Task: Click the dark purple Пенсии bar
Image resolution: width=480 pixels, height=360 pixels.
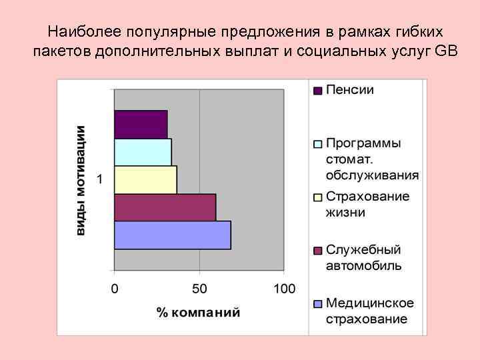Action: coord(141,125)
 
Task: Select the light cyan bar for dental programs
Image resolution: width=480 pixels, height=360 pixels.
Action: coord(143,152)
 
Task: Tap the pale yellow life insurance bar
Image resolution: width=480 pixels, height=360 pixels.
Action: coord(145,180)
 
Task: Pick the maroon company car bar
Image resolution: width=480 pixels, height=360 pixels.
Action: coord(165,207)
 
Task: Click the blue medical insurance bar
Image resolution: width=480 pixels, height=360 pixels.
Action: coord(172,235)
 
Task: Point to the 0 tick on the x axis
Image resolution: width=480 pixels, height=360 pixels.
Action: coord(115,289)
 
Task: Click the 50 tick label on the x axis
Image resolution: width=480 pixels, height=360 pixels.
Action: coord(199,289)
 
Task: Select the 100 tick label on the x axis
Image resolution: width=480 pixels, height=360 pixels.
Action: coord(283,289)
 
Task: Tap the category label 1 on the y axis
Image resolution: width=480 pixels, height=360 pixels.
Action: coord(100,179)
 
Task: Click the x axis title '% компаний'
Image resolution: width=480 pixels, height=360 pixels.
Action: coord(199,312)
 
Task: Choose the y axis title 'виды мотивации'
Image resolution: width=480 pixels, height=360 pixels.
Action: coord(81,180)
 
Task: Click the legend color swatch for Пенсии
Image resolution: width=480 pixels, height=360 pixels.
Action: coord(318,90)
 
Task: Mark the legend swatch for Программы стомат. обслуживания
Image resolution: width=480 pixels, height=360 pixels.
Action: coord(318,144)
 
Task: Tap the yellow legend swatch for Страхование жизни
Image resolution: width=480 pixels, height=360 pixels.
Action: coord(318,197)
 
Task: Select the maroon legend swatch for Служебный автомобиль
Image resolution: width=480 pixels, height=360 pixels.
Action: coord(318,251)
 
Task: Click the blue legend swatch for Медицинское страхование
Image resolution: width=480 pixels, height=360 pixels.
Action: coord(318,304)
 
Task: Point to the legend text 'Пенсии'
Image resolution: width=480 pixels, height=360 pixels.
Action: coord(349,90)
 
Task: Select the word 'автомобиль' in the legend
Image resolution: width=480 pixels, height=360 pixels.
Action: coord(363,265)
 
